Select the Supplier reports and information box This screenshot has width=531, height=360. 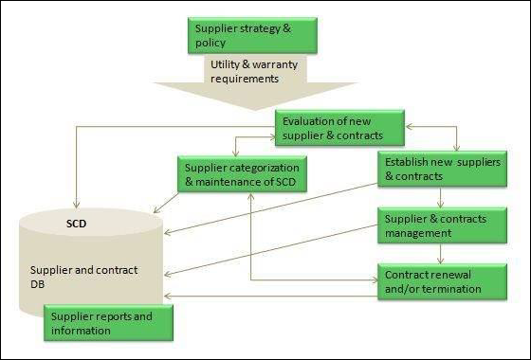tap(107, 322)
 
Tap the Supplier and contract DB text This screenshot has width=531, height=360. tap(84, 277)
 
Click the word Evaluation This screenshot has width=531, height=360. tap(312, 121)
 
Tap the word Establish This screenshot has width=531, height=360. tap(410, 161)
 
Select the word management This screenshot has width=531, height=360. tap(418, 233)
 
